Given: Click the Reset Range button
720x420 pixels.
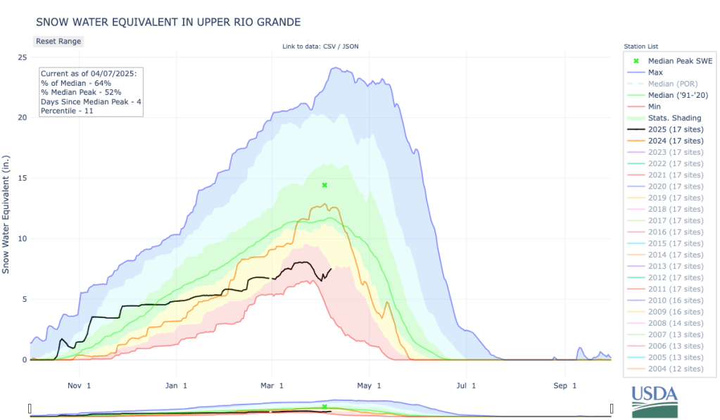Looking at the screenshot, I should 58,42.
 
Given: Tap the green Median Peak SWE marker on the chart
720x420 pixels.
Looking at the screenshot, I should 324,185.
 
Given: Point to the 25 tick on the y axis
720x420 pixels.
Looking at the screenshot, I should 22,57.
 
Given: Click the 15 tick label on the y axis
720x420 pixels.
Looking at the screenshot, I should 22,178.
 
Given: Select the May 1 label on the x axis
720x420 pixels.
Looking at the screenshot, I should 369,386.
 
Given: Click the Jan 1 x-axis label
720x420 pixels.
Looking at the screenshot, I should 177,386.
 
